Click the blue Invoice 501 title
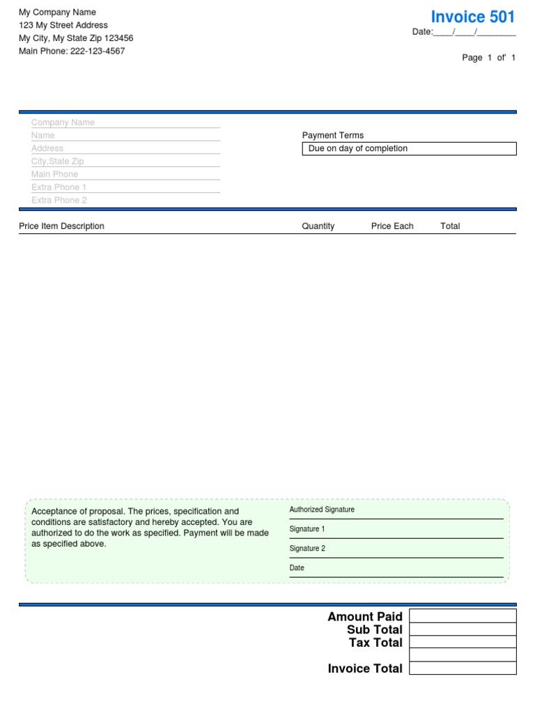(x=473, y=17)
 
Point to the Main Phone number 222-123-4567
(x=98, y=51)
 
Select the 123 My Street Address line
(x=63, y=25)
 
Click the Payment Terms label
(x=333, y=136)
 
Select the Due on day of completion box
(x=409, y=149)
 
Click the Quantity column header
(x=318, y=226)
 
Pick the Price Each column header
(x=392, y=226)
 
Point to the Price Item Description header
(x=61, y=226)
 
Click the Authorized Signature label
(x=322, y=510)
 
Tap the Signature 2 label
(x=307, y=549)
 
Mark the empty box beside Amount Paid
(x=463, y=616)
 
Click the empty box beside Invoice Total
(x=463, y=668)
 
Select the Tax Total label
(x=375, y=643)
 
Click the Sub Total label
(x=375, y=629)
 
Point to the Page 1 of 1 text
(x=489, y=58)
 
